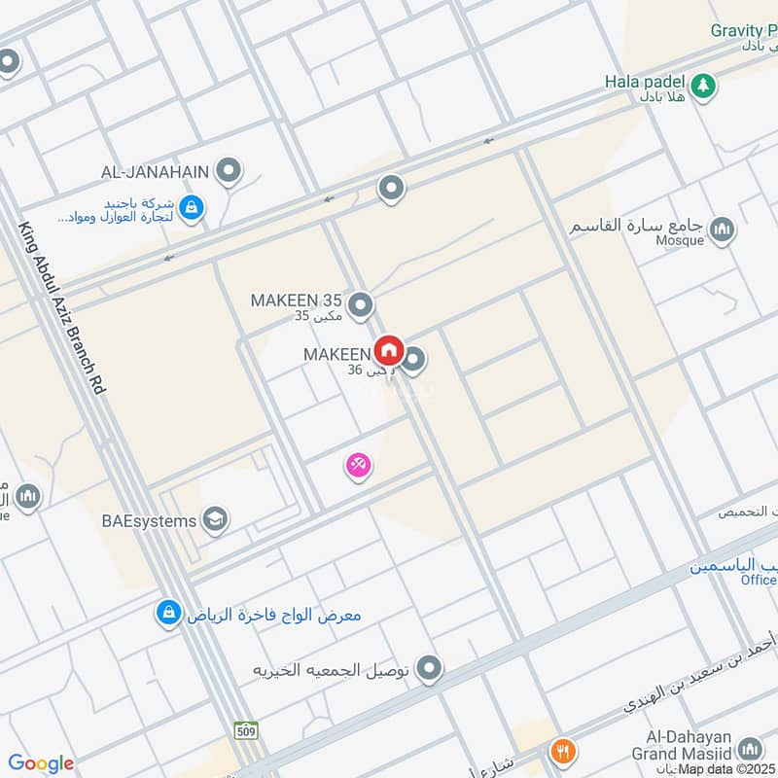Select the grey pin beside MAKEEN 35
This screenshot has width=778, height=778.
(x=361, y=306)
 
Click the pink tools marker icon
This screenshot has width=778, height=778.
(x=358, y=466)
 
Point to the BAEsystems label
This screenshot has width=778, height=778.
(x=149, y=521)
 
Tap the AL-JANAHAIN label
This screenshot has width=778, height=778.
(x=155, y=172)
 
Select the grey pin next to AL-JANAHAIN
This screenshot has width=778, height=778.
(x=229, y=172)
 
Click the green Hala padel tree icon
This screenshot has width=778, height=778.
(x=704, y=84)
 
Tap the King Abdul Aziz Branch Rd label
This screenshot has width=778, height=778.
(x=62, y=306)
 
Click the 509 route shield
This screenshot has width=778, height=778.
(x=246, y=727)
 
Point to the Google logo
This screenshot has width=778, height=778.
(x=41, y=763)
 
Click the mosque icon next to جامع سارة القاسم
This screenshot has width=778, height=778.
(x=722, y=230)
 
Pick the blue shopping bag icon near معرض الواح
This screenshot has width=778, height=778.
(x=169, y=614)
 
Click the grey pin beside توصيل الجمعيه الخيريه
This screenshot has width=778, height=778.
(x=429, y=669)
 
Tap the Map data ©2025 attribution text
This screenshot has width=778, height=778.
(x=726, y=769)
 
